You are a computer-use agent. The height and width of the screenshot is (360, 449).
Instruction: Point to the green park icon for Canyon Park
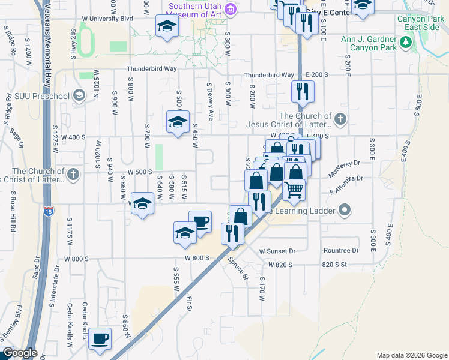pyautogui.click(x=406, y=42)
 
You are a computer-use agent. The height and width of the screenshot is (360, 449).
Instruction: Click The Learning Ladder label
pyautogui.click(x=303, y=211)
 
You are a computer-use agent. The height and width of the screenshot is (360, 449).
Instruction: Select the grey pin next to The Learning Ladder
pyautogui.click(x=345, y=210)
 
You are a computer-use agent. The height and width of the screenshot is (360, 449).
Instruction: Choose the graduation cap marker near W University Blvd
pyautogui.click(x=167, y=26)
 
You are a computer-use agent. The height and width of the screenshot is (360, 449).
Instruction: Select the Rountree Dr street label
pyautogui.click(x=340, y=251)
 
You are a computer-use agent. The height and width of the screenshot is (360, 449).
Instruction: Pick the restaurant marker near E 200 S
pyautogui.click(x=301, y=91)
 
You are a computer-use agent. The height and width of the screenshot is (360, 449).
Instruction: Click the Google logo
pyautogui.click(x=19, y=353)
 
